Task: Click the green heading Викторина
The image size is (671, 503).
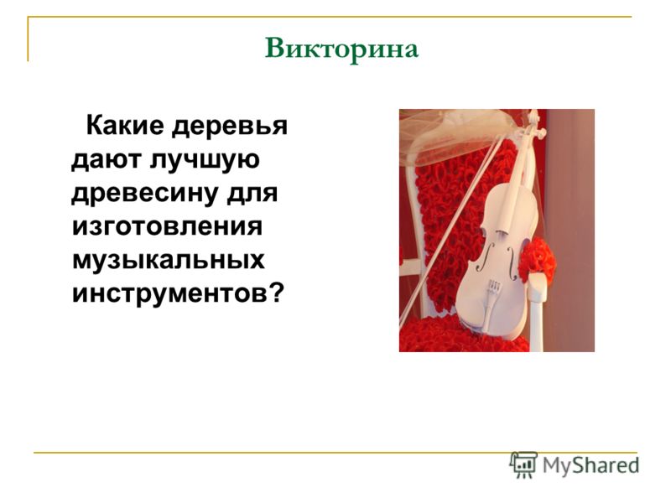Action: click(x=341, y=49)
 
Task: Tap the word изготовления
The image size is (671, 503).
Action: click(x=167, y=226)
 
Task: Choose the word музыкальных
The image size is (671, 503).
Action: click(x=169, y=262)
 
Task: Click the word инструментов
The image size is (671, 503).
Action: click(x=169, y=294)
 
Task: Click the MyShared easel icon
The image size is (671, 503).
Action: click(x=523, y=464)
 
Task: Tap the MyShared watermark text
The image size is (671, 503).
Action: click(x=590, y=465)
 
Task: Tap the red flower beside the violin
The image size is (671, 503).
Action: click(x=537, y=259)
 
